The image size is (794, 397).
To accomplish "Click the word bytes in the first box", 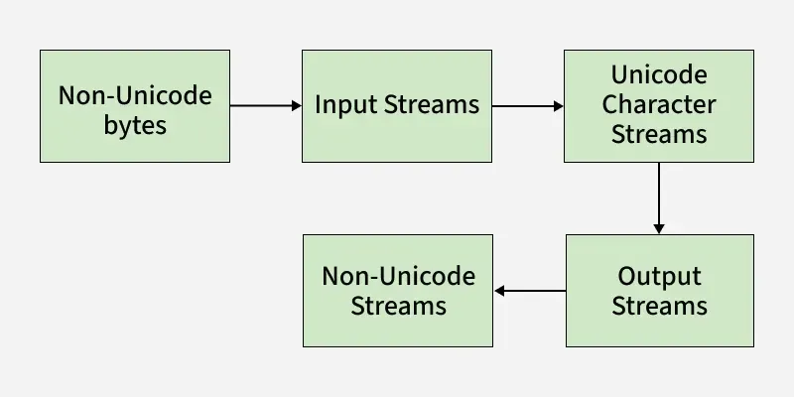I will [x=135, y=126].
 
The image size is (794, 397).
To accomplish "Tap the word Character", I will [x=659, y=104].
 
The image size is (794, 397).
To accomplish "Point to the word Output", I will [x=659, y=276].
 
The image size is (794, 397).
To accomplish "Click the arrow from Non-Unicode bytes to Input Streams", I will [x=263, y=105].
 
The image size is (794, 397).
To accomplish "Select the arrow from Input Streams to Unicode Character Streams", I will [x=526, y=105].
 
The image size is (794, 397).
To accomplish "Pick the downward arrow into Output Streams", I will [x=659, y=197].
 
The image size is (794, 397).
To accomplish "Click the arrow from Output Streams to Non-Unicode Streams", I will [x=531, y=291].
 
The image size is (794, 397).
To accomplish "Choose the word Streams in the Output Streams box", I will [x=659, y=306].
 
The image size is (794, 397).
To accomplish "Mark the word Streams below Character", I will [x=659, y=134].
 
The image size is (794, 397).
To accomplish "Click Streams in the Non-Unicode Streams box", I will [x=398, y=306].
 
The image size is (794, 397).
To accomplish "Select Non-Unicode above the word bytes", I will [x=135, y=96].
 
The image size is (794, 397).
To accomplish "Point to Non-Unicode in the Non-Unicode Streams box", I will [x=398, y=276].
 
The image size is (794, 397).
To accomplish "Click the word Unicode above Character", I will [x=659, y=75].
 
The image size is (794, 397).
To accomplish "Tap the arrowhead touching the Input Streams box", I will [x=296, y=105].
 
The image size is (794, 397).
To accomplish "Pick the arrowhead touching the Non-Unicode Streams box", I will [x=500, y=291].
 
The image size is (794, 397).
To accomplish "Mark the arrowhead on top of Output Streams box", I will [x=659, y=228].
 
